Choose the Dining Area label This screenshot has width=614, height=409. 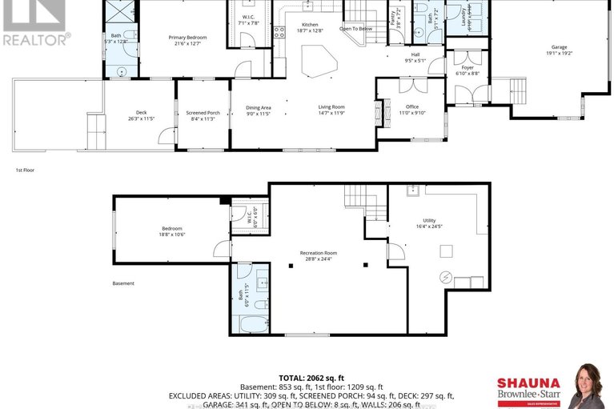(x=258, y=110)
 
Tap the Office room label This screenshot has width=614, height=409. (x=411, y=110)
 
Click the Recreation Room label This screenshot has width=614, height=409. (x=317, y=256)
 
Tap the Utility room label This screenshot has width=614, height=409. (x=431, y=223)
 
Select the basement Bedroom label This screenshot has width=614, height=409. (x=171, y=231)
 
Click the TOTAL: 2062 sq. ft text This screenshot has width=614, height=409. (x=311, y=376)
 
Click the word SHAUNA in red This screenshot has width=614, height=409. (x=524, y=383)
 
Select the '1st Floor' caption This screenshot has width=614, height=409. (x=25, y=170)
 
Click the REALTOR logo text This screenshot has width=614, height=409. (x=35, y=37)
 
